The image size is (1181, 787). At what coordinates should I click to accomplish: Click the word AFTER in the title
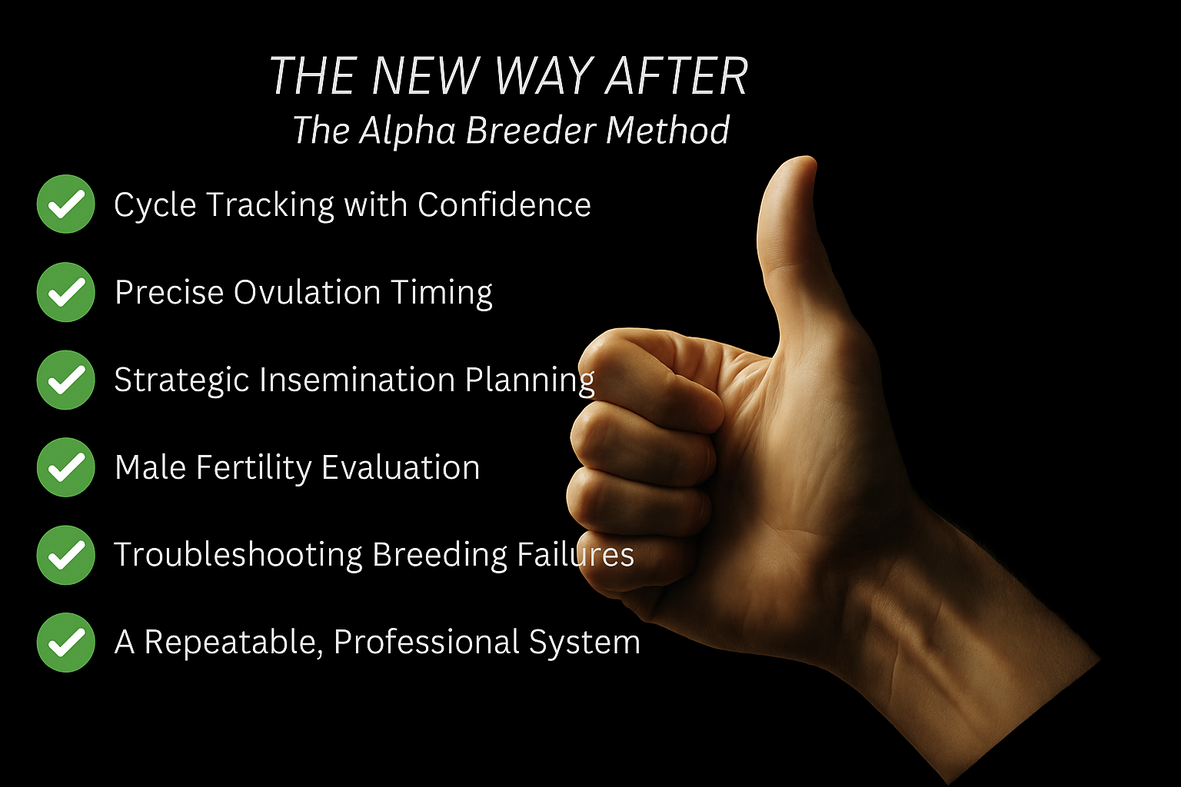(676, 76)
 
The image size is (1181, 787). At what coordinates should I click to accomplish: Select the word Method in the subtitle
(667, 130)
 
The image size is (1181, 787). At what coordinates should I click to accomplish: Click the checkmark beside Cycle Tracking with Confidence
(66, 204)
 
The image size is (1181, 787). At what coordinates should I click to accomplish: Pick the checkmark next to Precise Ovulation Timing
(66, 292)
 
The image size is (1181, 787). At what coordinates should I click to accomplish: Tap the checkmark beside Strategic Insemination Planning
(66, 380)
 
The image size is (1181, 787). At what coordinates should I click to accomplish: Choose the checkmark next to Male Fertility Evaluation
(66, 467)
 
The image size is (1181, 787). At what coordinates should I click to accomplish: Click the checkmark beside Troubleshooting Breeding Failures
(66, 555)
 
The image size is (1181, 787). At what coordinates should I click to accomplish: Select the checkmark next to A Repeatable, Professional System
(66, 643)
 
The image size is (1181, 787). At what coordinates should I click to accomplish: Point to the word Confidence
(504, 204)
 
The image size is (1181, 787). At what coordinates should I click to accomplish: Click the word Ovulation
(307, 292)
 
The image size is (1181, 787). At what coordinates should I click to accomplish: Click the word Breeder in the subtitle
(531, 130)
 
